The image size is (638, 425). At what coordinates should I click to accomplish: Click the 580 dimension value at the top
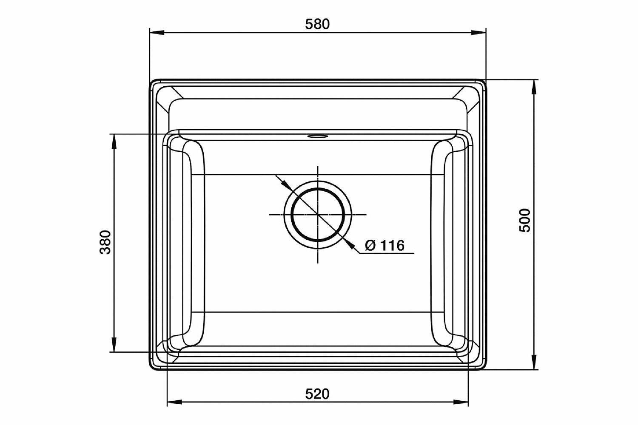pyautogui.click(x=317, y=24)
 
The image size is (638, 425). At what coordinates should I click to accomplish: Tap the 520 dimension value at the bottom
pyautogui.click(x=317, y=394)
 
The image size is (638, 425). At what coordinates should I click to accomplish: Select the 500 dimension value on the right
pyautogui.click(x=525, y=220)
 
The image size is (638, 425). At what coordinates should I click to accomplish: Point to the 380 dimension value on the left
pyautogui.click(x=105, y=242)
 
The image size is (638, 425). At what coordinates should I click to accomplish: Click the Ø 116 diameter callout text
pyautogui.click(x=385, y=245)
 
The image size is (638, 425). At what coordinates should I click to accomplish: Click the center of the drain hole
pyautogui.click(x=318, y=214)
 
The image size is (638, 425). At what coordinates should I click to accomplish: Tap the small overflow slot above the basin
pyautogui.click(x=317, y=136)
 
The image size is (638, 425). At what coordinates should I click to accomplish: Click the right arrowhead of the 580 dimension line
pyautogui.click(x=478, y=32)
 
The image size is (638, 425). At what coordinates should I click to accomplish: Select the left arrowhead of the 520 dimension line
pyautogui.click(x=174, y=402)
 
